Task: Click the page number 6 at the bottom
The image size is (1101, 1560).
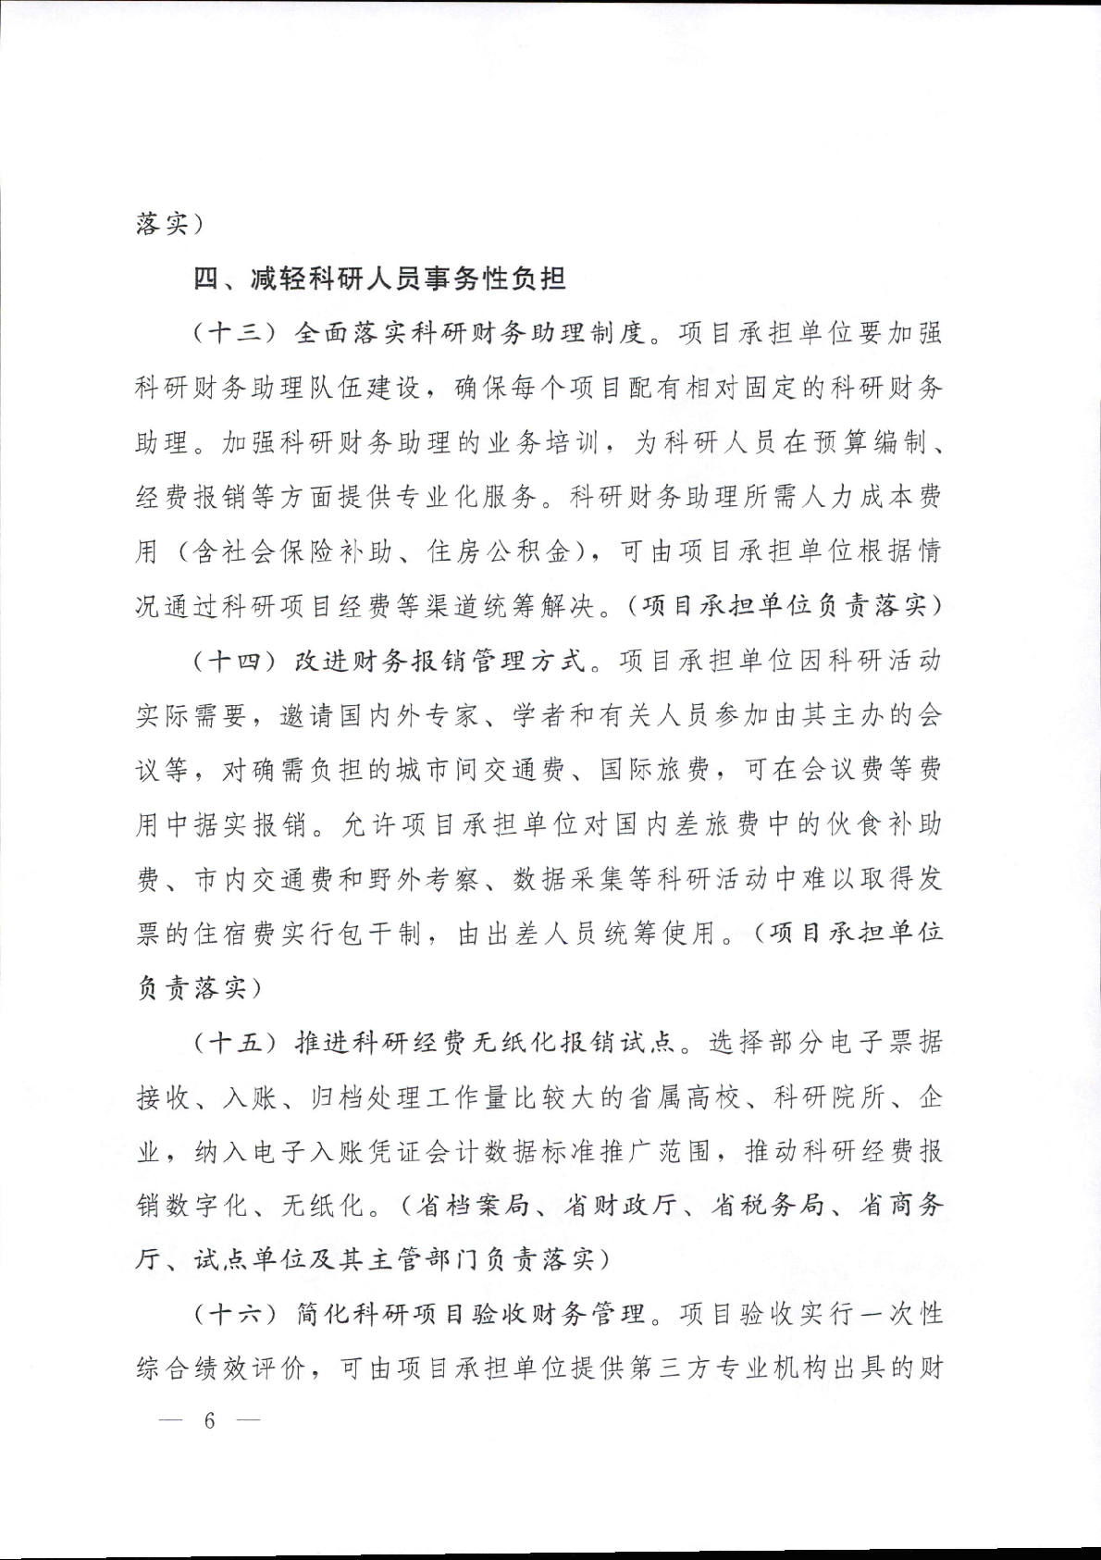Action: click(209, 1420)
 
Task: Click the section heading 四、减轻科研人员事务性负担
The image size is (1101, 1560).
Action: click(379, 279)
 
